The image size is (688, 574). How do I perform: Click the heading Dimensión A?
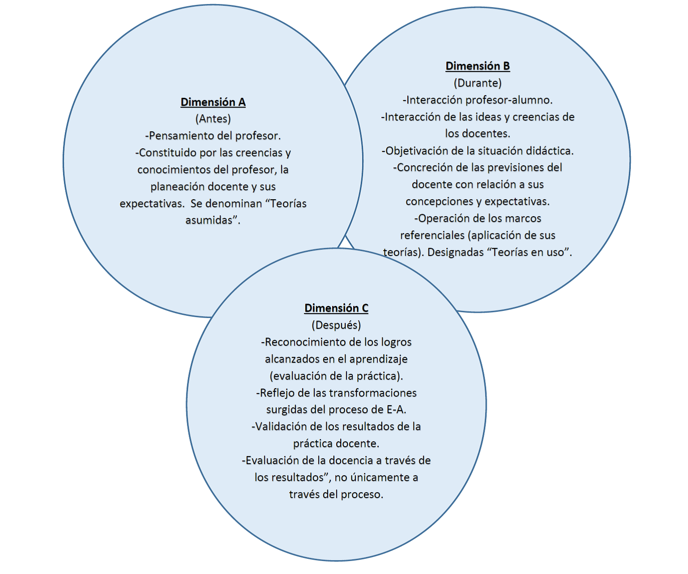click(213, 102)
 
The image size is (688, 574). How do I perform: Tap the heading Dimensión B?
click(477, 66)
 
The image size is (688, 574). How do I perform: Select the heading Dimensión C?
click(336, 308)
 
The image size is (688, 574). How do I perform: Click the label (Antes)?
click(213, 119)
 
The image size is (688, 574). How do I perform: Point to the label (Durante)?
click(477, 83)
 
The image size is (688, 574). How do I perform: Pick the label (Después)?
click(336, 325)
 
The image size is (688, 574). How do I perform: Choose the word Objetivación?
click(418, 151)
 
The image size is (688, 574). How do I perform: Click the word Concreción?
click(425, 168)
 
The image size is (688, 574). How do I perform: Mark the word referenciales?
click(432, 235)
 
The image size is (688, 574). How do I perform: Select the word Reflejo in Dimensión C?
click(277, 393)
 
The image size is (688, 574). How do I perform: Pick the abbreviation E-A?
click(395, 410)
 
